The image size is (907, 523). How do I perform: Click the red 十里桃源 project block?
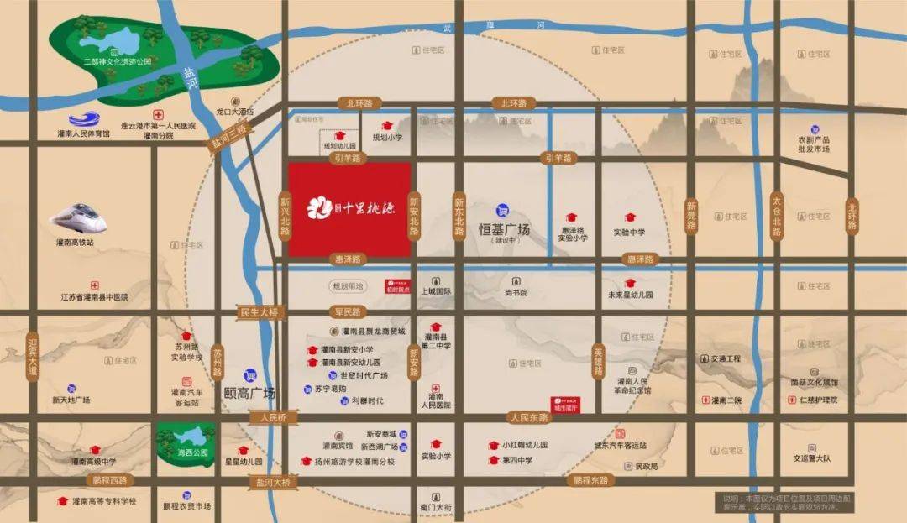pos(349,209)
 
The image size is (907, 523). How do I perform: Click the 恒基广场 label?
pos(504,228)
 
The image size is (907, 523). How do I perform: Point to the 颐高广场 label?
pos(250,392)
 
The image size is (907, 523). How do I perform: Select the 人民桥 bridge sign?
pos(273,417)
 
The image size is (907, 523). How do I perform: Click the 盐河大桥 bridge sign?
pos(273,482)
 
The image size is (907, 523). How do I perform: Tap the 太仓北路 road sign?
pos(777,216)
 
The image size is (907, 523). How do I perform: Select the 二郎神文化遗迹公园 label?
pos(117,61)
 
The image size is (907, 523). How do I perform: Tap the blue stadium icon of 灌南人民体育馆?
pos(83,120)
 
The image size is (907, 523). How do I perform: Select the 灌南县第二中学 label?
pos(436,340)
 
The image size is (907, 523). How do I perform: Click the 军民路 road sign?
pos(346,311)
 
